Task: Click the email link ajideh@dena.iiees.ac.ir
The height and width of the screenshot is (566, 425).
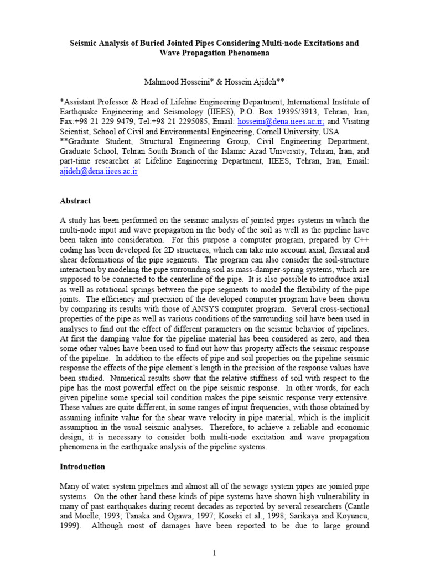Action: [99, 172]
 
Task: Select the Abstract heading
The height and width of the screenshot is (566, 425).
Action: [75, 201]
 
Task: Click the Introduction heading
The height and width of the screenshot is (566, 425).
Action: [82, 467]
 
